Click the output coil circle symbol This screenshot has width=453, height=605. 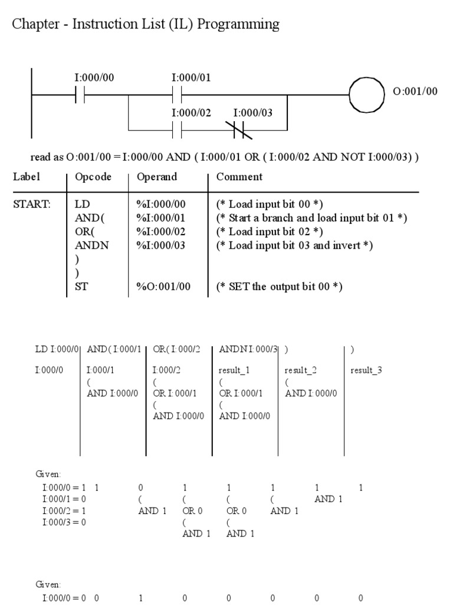[x=367, y=94]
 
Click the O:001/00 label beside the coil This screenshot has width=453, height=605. [x=415, y=91]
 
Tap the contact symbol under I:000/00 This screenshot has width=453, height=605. [x=81, y=95]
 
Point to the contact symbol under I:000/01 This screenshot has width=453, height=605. [x=178, y=95]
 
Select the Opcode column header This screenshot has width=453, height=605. [x=93, y=177]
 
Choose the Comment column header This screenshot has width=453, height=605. [x=239, y=177]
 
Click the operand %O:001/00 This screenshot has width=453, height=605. [x=163, y=287]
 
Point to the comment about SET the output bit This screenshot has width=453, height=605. [x=280, y=287]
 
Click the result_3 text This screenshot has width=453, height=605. [x=366, y=370]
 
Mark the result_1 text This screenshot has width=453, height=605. [x=234, y=370]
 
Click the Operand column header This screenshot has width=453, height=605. [x=157, y=177]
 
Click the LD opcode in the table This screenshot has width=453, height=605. [x=81, y=204]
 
